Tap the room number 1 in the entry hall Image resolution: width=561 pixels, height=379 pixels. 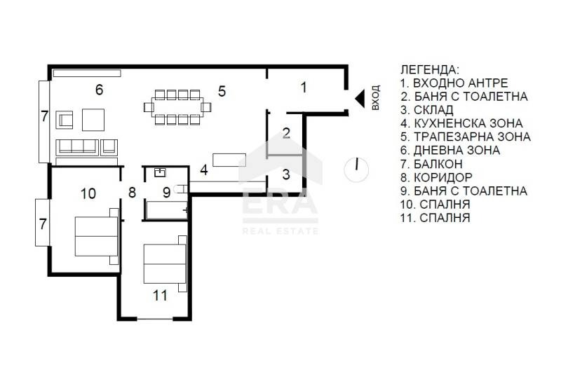point(304,88)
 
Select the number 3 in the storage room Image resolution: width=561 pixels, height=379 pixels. point(286,174)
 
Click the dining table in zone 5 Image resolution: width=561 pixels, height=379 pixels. point(178,107)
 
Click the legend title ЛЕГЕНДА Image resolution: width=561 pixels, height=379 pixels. point(429,70)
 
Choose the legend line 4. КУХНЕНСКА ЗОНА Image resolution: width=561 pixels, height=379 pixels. point(461,123)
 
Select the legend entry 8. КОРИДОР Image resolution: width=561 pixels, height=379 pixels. point(436,177)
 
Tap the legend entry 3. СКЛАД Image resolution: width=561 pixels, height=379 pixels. point(427,110)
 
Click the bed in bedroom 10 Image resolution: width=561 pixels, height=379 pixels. point(97,236)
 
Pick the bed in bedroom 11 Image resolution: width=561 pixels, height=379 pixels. point(165,264)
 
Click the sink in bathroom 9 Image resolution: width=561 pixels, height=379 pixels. point(160,173)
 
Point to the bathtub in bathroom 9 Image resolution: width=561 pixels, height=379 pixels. point(166,210)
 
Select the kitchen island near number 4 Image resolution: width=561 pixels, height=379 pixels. point(229,160)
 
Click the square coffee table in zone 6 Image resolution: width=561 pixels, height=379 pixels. point(93,120)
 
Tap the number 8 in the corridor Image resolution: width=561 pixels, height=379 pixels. point(132,193)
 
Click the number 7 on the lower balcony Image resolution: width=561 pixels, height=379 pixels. point(43,225)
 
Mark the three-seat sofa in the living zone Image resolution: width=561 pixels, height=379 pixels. point(77,147)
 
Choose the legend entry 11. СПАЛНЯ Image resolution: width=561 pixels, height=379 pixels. point(435,218)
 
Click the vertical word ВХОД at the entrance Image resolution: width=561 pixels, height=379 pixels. point(375,97)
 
